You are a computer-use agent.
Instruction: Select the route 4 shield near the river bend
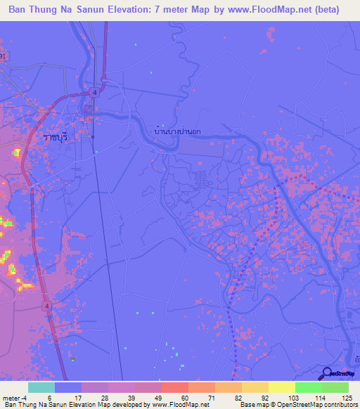click(94, 91)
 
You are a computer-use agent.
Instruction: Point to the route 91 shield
click(3, 56)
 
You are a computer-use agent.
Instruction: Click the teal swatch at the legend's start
click(41, 387)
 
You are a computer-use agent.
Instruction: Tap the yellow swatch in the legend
click(281, 387)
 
